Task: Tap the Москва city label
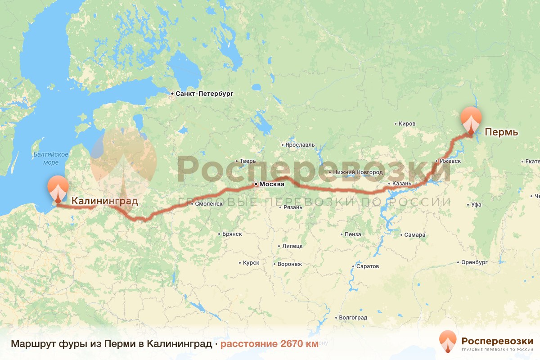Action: click(272, 184)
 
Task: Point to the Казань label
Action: click(402, 184)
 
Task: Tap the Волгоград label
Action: click(353, 318)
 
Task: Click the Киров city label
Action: click(407, 124)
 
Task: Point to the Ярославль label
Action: click(300, 145)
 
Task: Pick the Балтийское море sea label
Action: click(50, 158)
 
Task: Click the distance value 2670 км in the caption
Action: click(299, 344)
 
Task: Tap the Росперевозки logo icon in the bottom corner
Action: click(448, 341)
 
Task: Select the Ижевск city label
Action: click(450, 161)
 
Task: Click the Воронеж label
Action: click(290, 264)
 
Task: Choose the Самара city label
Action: click(414, 235)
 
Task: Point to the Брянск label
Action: click(232, 234)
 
